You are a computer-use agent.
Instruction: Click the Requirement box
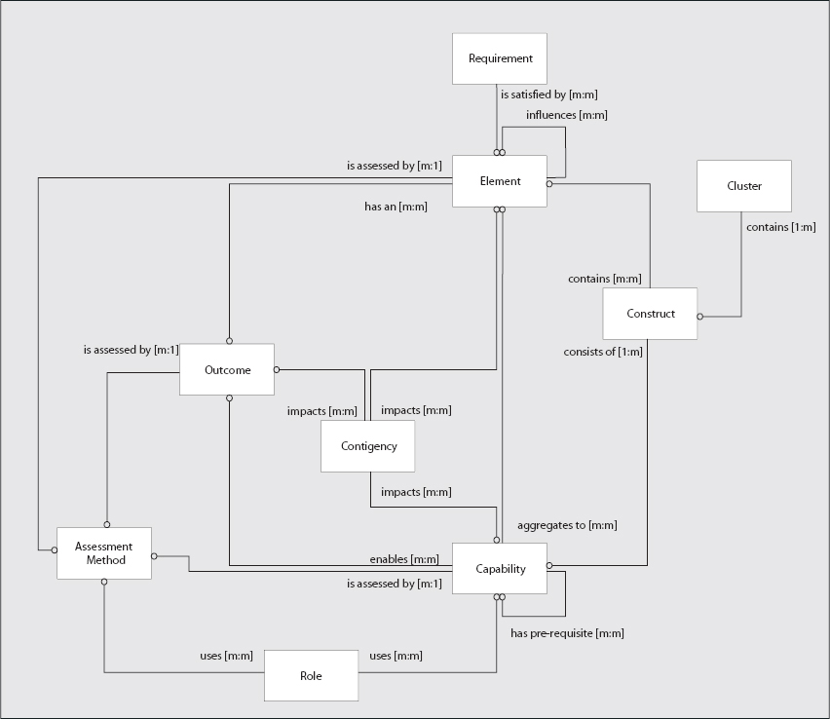pos(500,58)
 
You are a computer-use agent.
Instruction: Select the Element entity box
pos(500,181)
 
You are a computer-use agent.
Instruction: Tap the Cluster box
pos(744,186)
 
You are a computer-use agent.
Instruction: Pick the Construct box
pos(650,314)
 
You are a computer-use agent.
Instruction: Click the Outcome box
pos(227,370)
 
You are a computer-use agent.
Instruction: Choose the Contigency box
pos(368,446)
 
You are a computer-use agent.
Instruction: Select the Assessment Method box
pos(104,553)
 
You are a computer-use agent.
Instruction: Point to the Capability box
pos(500,569)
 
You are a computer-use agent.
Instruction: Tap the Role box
pos(311,675)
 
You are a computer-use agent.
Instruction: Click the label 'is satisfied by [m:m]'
pos(548,95)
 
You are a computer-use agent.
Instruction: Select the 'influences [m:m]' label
pos(567,115)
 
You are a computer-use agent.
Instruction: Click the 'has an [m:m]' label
pos(396,207)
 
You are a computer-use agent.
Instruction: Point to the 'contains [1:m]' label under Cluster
pos(780,227)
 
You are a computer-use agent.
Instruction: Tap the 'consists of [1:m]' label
pos(603,351)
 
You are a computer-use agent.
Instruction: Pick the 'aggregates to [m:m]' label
pos(567,525)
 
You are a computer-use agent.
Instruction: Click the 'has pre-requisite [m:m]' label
pos(567,633)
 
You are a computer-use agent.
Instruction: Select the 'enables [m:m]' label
pos(403,559)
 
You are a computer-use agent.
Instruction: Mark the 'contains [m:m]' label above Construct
pos(604,279)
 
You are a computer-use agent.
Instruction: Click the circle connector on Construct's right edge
pos(700,317)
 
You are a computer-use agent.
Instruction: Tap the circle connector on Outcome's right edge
pos(277,369)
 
